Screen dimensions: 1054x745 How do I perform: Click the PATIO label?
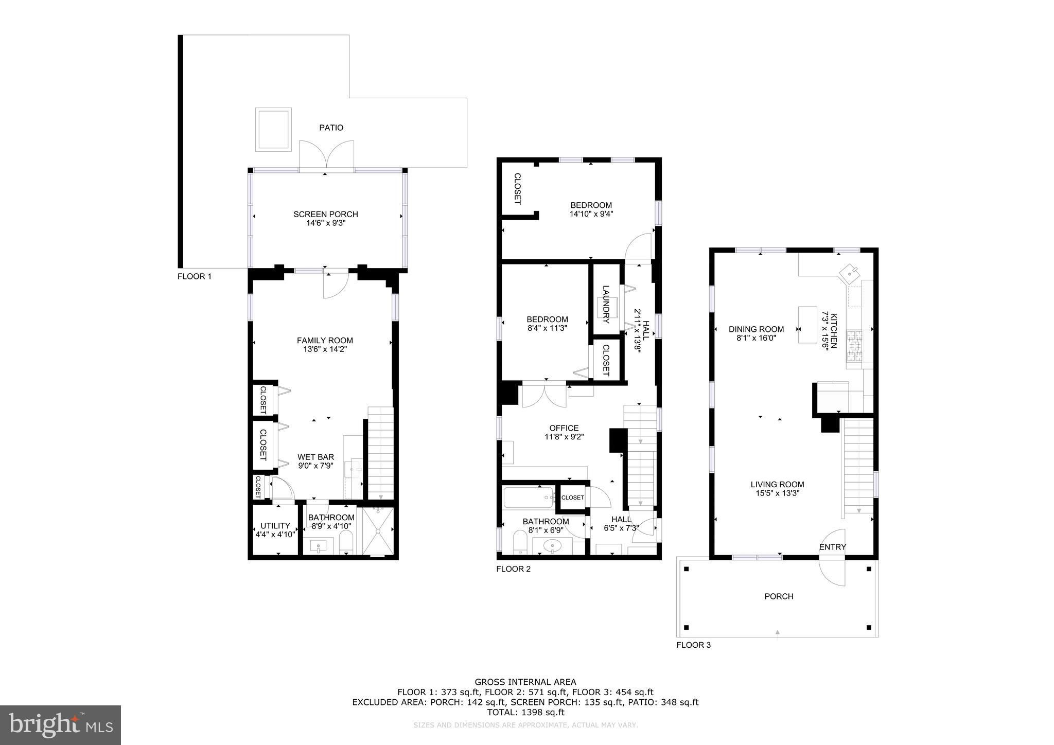[331, 128]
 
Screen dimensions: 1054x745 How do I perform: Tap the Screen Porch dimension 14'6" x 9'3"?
[326, 223]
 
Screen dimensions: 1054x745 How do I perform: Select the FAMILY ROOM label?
[325, 340]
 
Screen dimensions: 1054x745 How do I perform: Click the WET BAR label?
[315, 457]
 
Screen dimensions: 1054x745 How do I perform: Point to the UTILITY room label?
[275, 526]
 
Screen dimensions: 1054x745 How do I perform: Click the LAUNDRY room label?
[606, 305]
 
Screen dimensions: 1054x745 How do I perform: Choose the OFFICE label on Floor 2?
[564, 428]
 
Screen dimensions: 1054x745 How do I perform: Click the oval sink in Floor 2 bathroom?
[552, 545]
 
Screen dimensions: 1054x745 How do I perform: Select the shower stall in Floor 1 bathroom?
[378, 531]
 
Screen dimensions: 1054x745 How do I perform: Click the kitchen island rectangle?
[807, 325]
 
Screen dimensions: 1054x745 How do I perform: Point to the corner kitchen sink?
[850, 272]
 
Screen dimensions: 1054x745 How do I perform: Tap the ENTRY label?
[832, 547]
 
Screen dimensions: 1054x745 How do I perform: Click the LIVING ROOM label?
[777, 484]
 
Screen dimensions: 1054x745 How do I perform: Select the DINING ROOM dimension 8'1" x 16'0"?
[756, 338]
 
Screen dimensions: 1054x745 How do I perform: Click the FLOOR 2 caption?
[513, 569]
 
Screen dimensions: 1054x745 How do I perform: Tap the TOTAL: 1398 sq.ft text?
[525, 712]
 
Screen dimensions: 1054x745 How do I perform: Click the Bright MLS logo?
[60, 725]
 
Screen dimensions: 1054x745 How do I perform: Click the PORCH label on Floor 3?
[779, 596]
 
